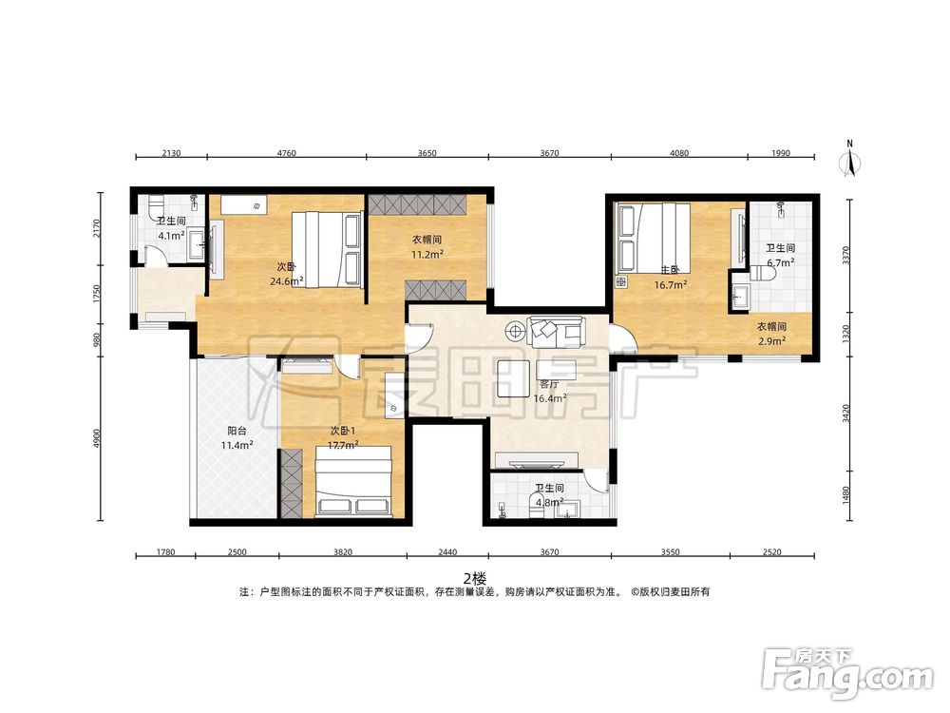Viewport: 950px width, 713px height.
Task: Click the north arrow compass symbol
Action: [850, 160]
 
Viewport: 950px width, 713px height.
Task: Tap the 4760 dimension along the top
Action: [287, 153]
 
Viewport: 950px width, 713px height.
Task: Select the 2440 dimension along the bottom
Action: [447, 551]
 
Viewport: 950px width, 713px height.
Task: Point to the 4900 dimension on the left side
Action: [98, 439]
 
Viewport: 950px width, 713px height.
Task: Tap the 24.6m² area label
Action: [287, 280]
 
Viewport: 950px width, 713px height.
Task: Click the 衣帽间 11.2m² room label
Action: [427, 247]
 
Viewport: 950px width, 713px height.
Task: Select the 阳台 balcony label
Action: [237, 431]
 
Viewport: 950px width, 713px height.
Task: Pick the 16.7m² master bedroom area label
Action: [670, 284]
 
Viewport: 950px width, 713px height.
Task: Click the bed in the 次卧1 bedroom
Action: [353, 482]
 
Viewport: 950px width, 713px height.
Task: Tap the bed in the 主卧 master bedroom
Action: [654, 237]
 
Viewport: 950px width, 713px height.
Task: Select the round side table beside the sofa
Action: [515, 331]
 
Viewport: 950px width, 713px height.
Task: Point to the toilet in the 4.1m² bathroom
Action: [157, 205]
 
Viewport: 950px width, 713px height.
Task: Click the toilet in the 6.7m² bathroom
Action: [762, 274]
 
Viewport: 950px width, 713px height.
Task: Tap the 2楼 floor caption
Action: [475, 578]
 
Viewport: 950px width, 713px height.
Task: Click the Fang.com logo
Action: [847, 673]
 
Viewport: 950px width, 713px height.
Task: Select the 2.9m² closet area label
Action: [771, 340]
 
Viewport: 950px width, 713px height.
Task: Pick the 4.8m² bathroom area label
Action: [549, 502]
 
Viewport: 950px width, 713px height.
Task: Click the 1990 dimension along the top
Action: [780, 153]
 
